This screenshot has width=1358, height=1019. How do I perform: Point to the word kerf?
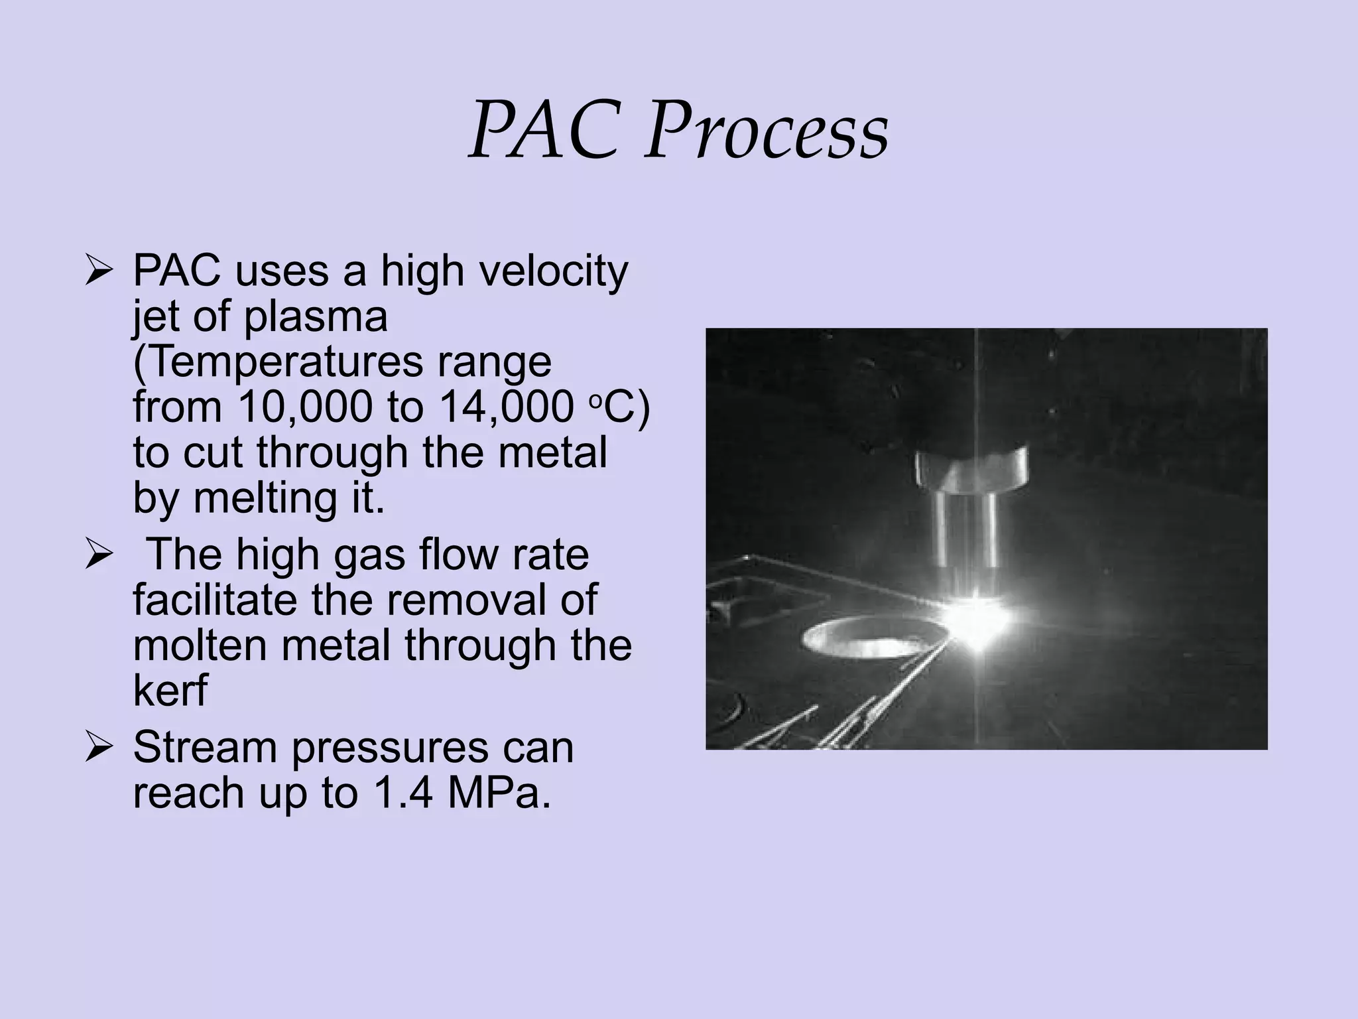coord(170,690)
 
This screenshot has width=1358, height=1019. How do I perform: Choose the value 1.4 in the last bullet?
coord(404,793)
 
